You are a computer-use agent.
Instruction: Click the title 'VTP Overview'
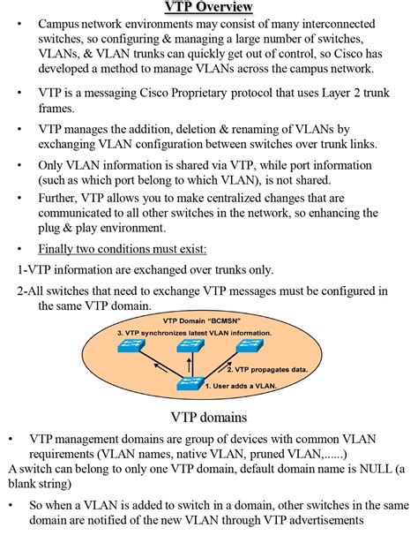click(208, 8)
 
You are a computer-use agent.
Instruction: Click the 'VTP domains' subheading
click(208, 417)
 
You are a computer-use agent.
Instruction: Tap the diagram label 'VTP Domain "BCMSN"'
click(202, 321)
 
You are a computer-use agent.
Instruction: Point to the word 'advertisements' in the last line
click(320, 521)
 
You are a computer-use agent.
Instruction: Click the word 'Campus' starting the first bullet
click(59, 24)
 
